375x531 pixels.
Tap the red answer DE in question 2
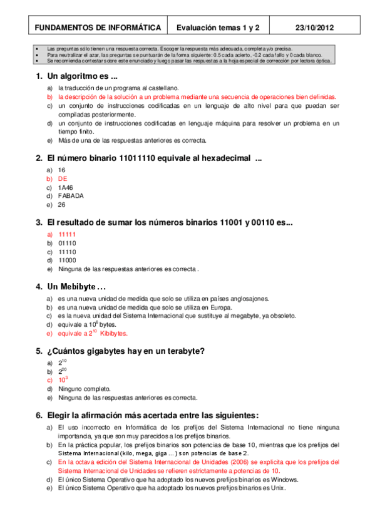(x=62, y=178)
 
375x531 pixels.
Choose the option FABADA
(x=70, y=195)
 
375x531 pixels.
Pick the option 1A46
(x=65, y=187)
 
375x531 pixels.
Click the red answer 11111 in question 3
(x=67, y=234)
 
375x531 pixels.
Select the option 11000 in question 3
(x=67, y=260)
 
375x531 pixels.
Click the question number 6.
(x=39, y=415)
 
